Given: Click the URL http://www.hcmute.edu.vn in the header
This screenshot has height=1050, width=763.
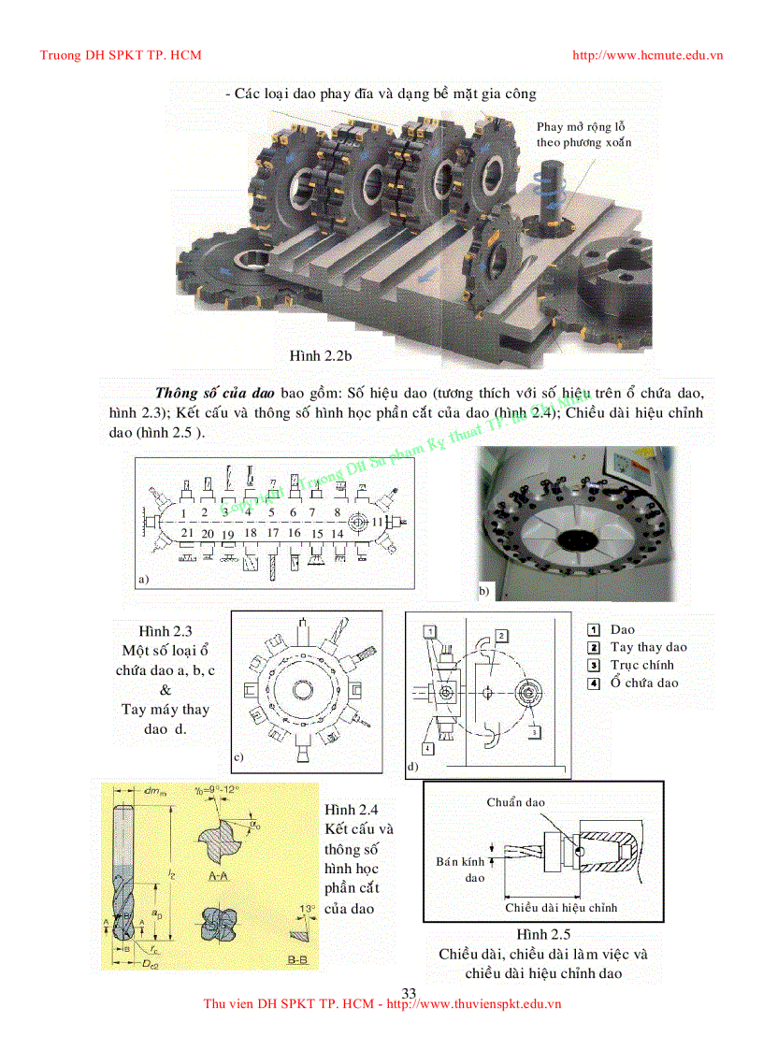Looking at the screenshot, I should pyautogui.click(x=647, y=55).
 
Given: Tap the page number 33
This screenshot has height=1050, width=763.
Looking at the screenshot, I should pyautogui.click(x=408, y=992).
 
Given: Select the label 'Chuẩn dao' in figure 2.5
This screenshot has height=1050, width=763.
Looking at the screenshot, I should pyautogui.click(x=515, y=802).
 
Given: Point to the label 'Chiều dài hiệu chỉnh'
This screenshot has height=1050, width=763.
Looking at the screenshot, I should pyautogui.click(x=561, y=907).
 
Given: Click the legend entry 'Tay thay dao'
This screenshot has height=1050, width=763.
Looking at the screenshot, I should pyautogui.click(x=648, y=647).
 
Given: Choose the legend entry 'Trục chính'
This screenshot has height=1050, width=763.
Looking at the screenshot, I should pyautogui.click(x=641, y=665).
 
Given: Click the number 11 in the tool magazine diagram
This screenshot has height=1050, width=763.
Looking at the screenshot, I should pyautogui.click(x=378, y=520).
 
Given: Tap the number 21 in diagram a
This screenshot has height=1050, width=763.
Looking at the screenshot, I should pyautogui.click(x=187, y=532).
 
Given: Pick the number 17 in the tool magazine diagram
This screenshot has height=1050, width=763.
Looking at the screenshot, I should pyautogui.click(x=273, y=532).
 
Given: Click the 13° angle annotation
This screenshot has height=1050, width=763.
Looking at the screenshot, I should pyautogui.click(x=307, y=908).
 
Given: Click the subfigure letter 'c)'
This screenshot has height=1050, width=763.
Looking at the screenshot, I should pyautogui.click(x=238, y=757).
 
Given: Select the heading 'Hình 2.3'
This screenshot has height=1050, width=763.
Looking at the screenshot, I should pyautogui.click(x=166, y=631).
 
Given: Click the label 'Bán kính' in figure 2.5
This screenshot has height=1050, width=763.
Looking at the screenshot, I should pyautogui.click(x=460, y=861).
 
